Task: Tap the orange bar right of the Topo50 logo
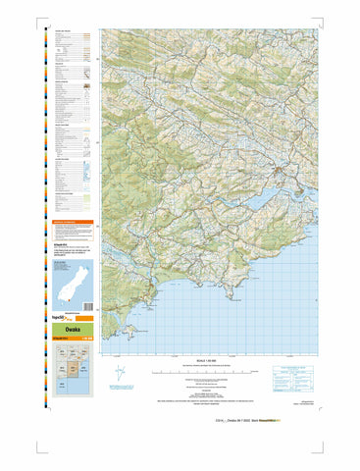pyautogui.click(x=83, y=319)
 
